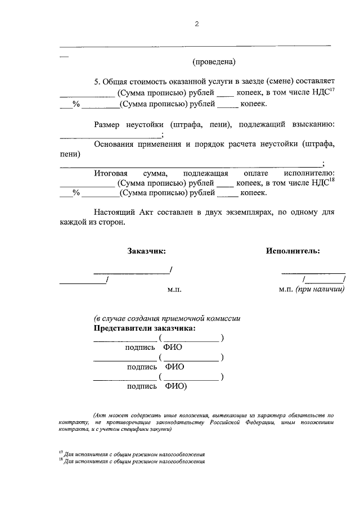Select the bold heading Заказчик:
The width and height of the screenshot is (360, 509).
[147, 251]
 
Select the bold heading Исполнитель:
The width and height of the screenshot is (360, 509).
[293, 251]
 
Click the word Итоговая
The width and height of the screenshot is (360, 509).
[112, 174]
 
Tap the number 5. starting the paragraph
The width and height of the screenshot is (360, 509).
[97, 82]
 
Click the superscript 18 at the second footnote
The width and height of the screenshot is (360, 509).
[61, 460]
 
